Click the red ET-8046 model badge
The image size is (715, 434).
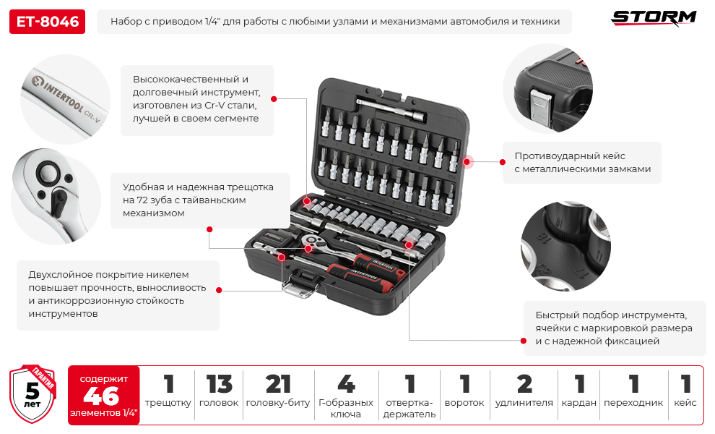click(47, 22)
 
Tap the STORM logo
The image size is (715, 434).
click(654, 18)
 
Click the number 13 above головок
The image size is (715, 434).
click(219, 384)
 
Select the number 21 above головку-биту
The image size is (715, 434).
click(278, 384)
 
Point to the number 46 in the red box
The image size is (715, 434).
click(101, 396)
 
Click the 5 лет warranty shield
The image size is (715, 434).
click(32, 393)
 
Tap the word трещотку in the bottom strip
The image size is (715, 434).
click(168, 403)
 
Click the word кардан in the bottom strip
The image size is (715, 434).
click(579, 403)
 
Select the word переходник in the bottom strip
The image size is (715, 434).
click(633, 403)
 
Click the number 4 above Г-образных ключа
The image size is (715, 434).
click(346, 384)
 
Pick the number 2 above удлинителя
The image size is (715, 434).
click(524, 384)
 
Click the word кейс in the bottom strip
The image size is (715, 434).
click(685, 402)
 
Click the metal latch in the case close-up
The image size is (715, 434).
click(541, 106)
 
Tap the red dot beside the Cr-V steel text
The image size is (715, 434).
click(274, 99)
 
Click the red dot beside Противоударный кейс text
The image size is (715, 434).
click(503, 162)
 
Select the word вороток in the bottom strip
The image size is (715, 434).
click(464, 403)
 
